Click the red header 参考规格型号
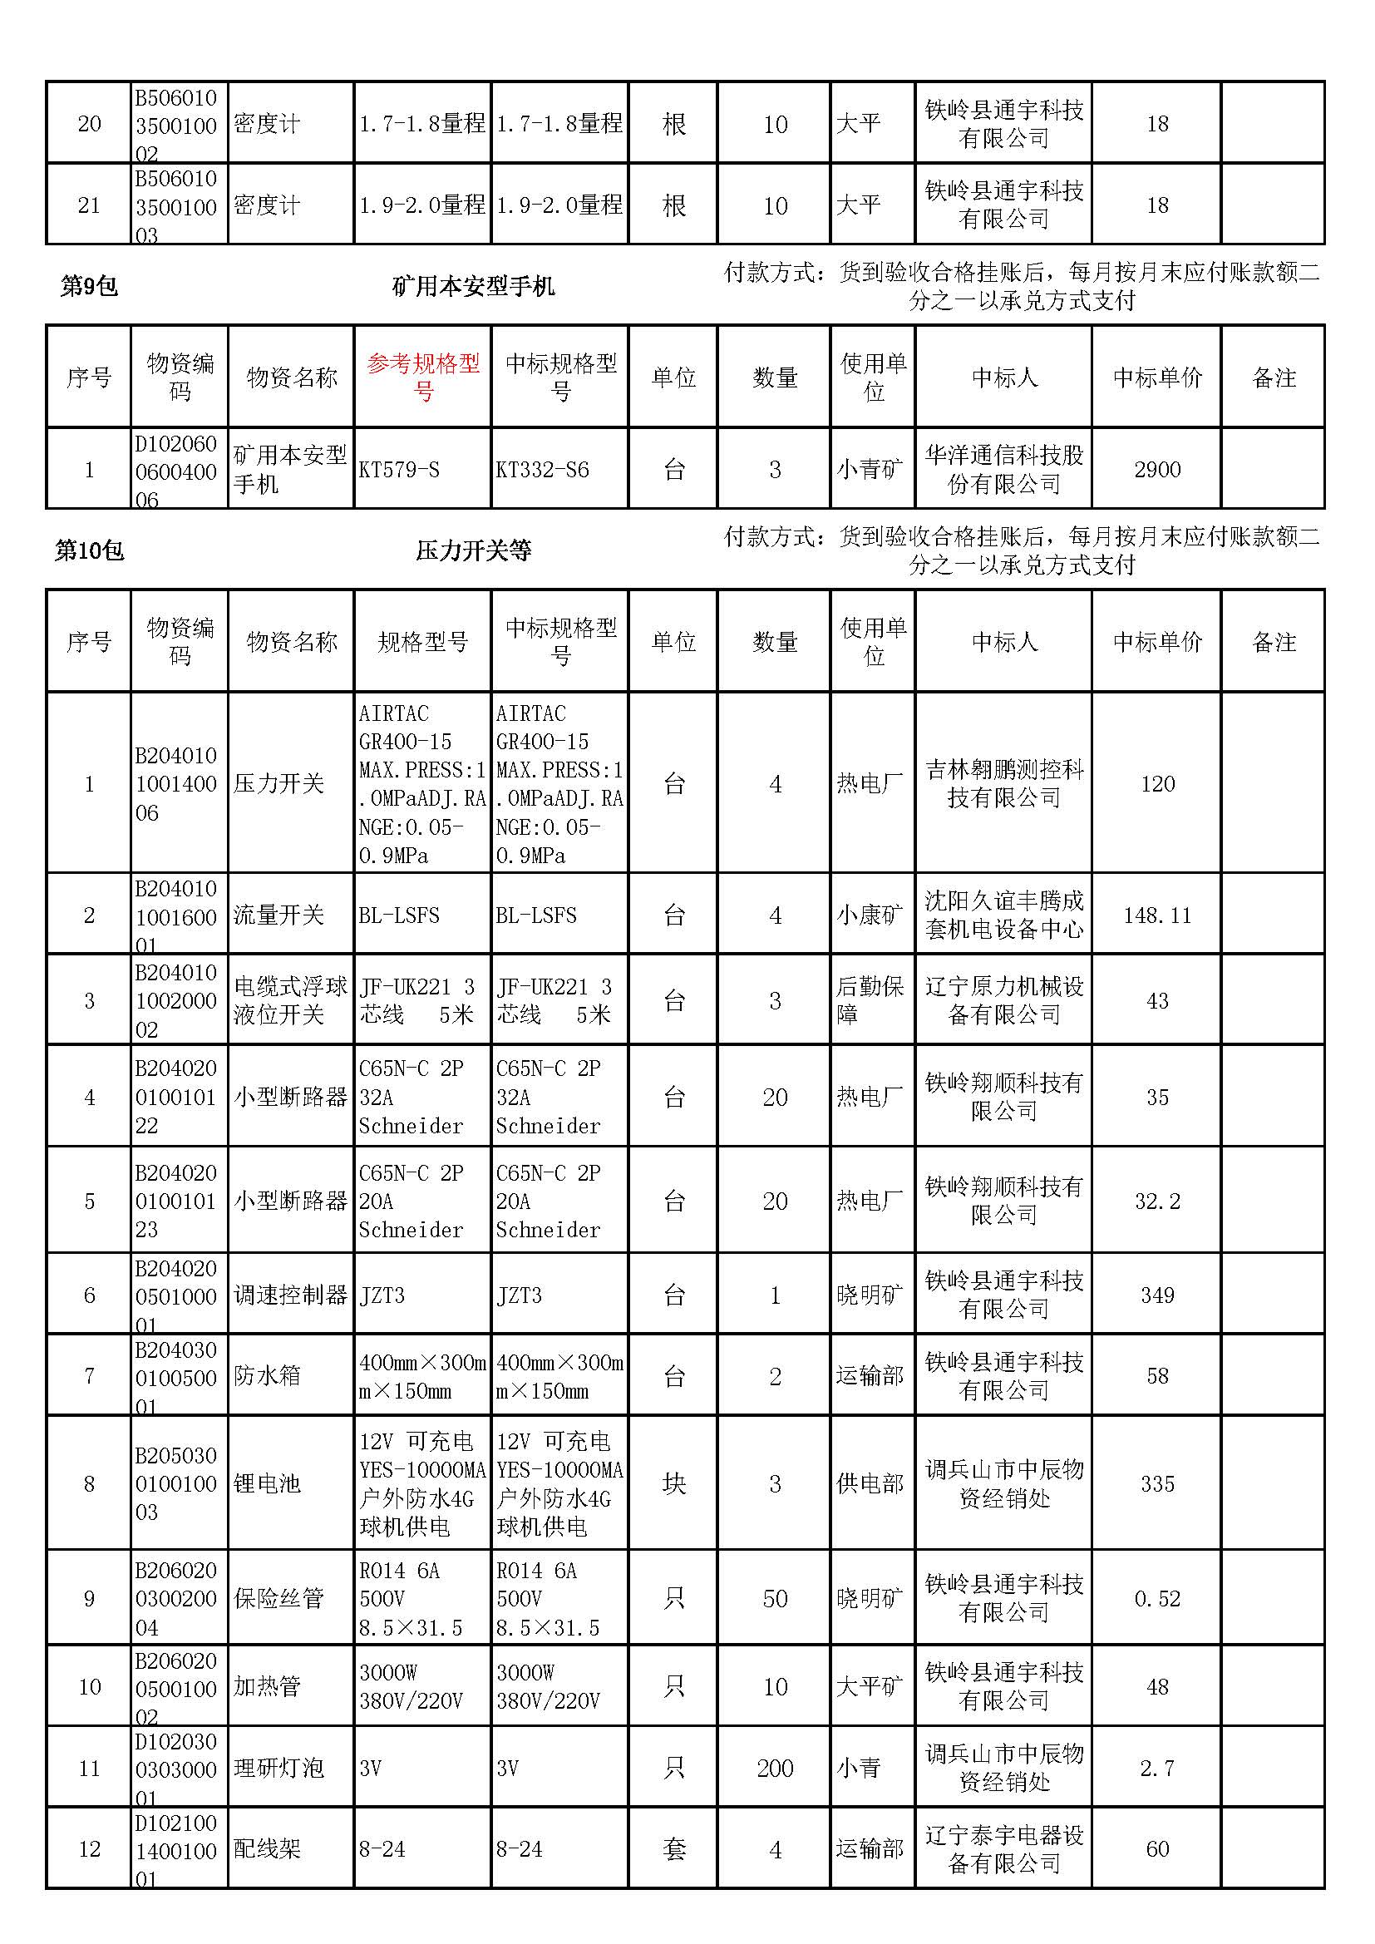pyautogui.click(x=422, y=377)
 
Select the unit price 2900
pyautogui.click(x=1156, y=470)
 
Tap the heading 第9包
pyautogui.click(x=89, y=286)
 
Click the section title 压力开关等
pyautogui.click(x=473, y=551)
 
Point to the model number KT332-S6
pyautogui.click(x=542, y=470)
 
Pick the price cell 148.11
pyautogui.click(x=1156, y=915)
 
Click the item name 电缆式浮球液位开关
pyautogui.click(x=290, y=1001)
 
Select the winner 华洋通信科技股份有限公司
pyautogui.click(x=1003, y=470)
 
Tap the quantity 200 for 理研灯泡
pyautogui.click(x=775, y=1769)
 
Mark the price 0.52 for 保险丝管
pyautogui.click(x=1156, y=1599)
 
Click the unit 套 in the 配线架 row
pyautogui.click(x=674, y=1849)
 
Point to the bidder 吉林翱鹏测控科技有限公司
pyautogui.click(x=1003, y=783)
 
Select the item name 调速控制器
pyautogui.click(x=290, y=1295)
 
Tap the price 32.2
pyautogui.click(x=1156, y=1201)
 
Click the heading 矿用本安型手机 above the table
pyautogui.click(x=473, y=286)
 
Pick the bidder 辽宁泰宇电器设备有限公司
pyautogui.click(x=1003, y=1849)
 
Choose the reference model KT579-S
pyautogui.click(x=399, y=470)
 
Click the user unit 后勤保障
pyautogui.click(x=870, y=1001)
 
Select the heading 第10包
pyautogui.click(x=89, y=551)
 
